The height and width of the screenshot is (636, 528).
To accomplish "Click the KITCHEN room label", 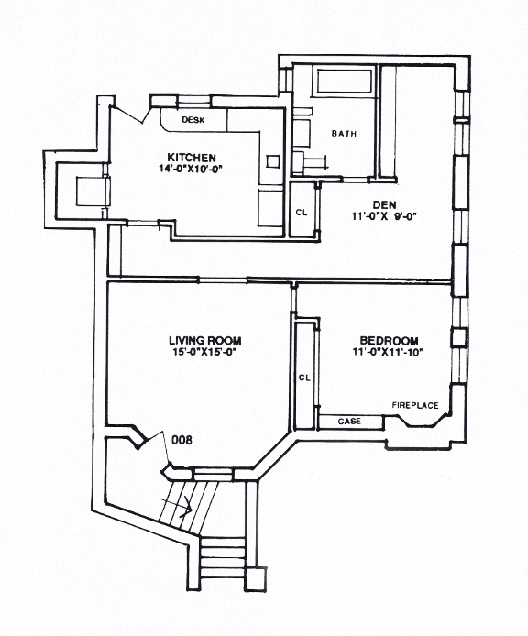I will point(192,155).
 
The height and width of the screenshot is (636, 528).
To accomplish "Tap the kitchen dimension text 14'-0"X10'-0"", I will point(191,168).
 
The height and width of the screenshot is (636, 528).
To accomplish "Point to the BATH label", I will point(344,134).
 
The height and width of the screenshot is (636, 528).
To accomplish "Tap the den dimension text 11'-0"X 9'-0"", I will point(382,219).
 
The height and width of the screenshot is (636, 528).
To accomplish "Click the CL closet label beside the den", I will point(301,213).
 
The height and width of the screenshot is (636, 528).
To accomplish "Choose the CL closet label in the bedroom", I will point(304,377).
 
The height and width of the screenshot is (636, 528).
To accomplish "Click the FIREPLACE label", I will point(415,404).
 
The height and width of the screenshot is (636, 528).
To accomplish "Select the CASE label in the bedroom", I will point(348,422).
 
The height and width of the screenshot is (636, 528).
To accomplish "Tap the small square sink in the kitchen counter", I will point(272,161).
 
